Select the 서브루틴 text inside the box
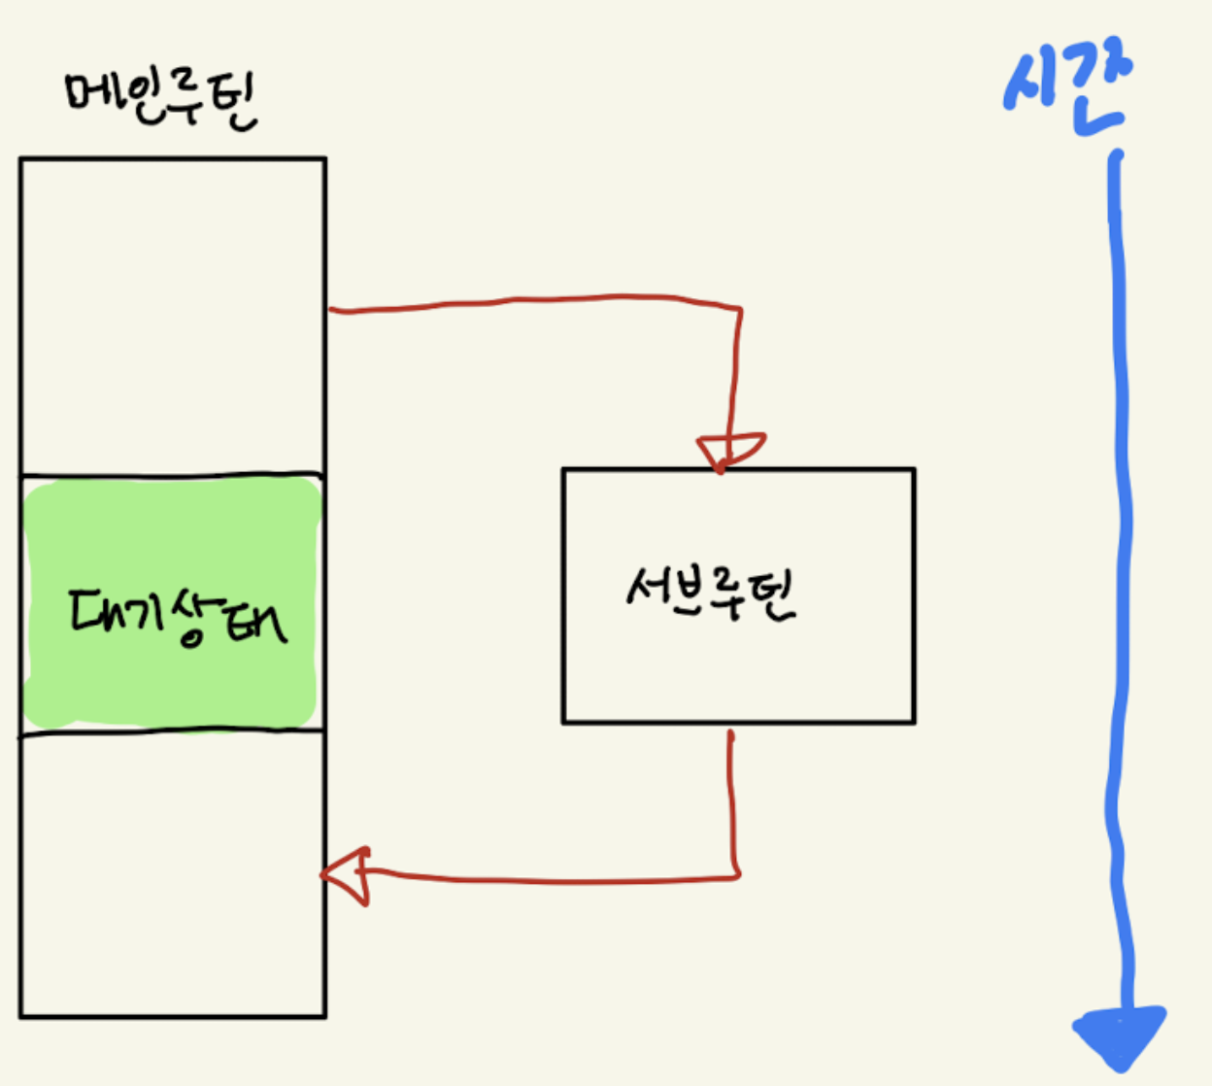pyautogui.click(x=711, y=592)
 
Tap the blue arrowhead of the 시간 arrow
pyautogui.click(x=1120, y=1035)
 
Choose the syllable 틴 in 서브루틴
pyautogui.click(x=773, y=595)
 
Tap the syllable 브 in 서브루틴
pyautogui.click(x=689, y=589)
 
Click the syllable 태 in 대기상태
pyautogui.click(x=255, y=622)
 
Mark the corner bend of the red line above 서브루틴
pyautogui.click(x=739, y=310)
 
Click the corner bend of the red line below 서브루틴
pyautogui.click(x=736, y=874)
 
